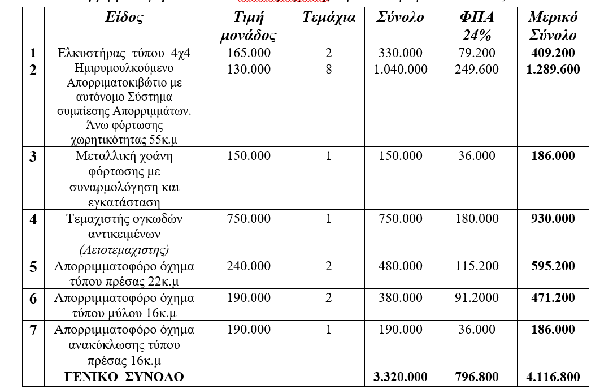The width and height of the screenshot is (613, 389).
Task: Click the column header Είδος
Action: point(124,18)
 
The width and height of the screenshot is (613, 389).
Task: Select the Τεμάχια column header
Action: point(329,18)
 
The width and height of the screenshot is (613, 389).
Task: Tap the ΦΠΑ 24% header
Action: point(477,26)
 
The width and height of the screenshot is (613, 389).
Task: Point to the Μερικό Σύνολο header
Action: point(553,26)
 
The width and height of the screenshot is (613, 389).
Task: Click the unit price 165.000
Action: point(249,53)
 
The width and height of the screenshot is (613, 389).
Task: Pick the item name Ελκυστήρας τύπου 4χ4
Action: point(124,53)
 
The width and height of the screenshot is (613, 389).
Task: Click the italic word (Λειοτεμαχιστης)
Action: point(124,249)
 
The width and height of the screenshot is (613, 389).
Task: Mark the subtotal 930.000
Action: point(553,218)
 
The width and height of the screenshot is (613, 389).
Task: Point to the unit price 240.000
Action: point(249,266)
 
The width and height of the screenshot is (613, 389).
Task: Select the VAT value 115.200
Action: point(477,266)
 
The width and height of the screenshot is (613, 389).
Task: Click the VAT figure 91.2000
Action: point(477,297)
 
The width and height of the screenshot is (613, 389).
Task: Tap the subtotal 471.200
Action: point(553,297)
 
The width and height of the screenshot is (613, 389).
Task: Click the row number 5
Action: point(33,266)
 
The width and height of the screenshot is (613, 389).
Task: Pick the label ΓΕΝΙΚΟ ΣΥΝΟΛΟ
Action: point(124,377)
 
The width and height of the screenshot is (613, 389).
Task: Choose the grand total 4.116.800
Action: point(553,377)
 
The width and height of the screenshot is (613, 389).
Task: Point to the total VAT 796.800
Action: point(477,377)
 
